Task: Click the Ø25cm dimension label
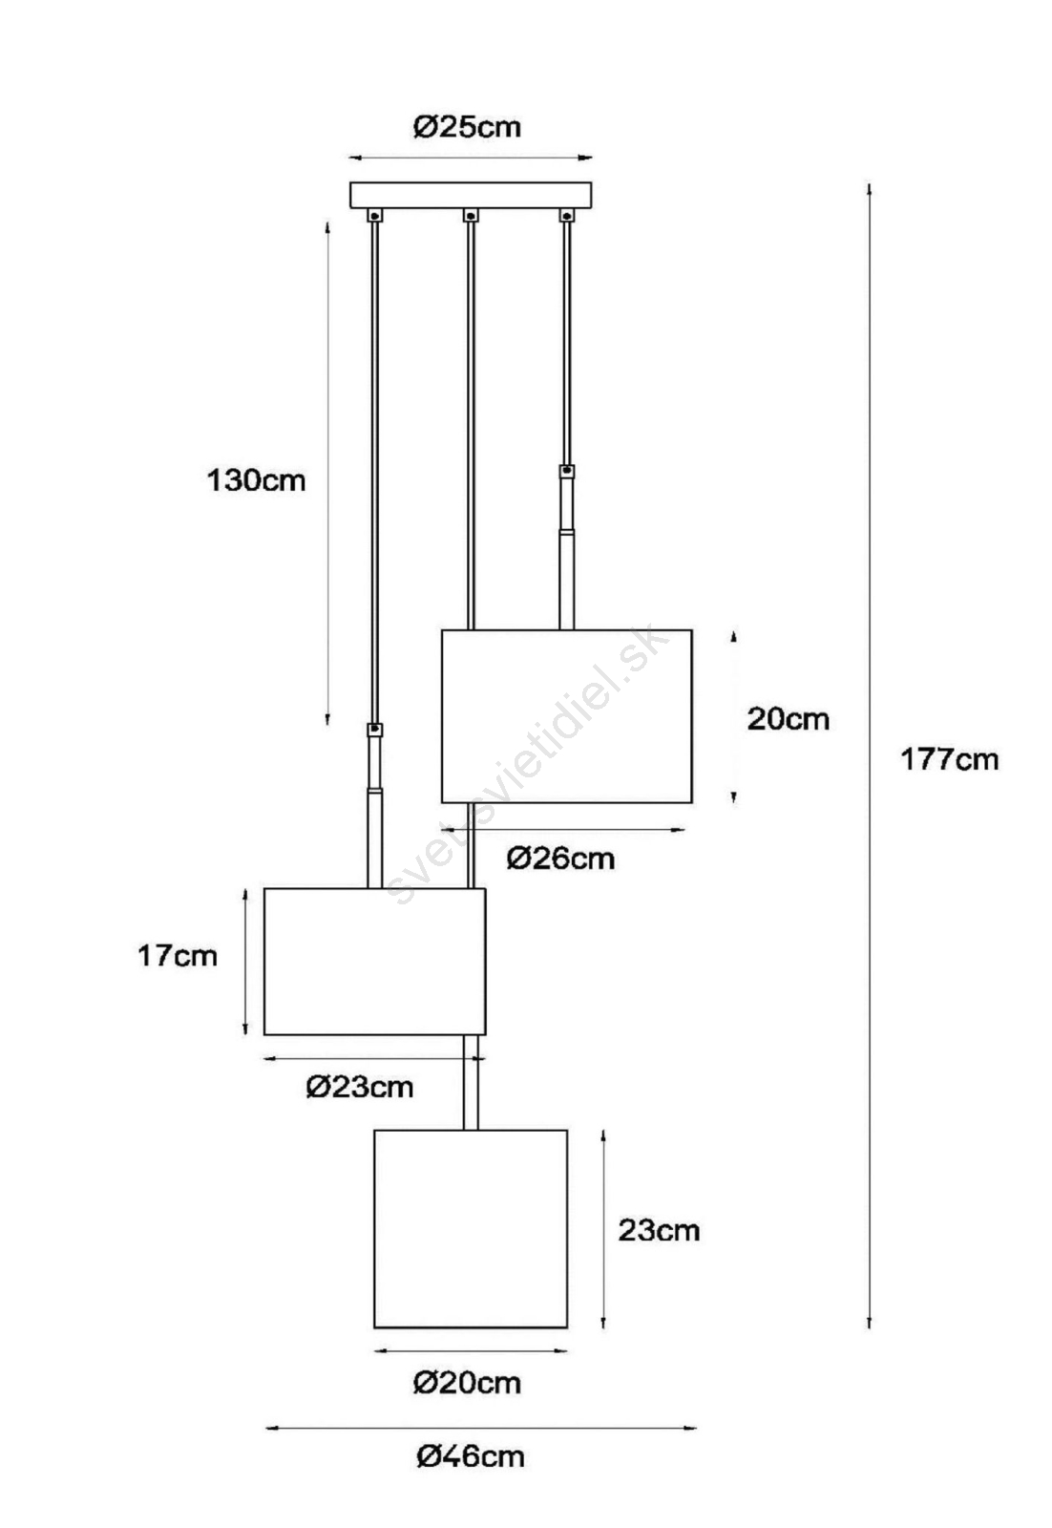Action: pos(467,127)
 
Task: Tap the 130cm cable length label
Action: pos(256,481)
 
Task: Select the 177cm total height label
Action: pos(950,759)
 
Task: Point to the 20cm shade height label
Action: pos(789,719)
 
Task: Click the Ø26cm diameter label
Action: pos(560,859)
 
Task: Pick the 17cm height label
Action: pos(178,956)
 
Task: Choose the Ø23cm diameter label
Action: pos(359,1087)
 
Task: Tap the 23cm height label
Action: pos(659,1231)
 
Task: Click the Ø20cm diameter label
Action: pos(467,1384)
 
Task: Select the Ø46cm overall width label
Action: pos(471,1457)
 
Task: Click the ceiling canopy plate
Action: pos(471,195)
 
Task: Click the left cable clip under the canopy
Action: pos(375,216)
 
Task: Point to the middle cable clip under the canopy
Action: pos(471,216)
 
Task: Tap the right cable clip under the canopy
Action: pos(566,216)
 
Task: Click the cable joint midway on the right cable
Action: pos(566,472)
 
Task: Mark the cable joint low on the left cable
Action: pos(375,730)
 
